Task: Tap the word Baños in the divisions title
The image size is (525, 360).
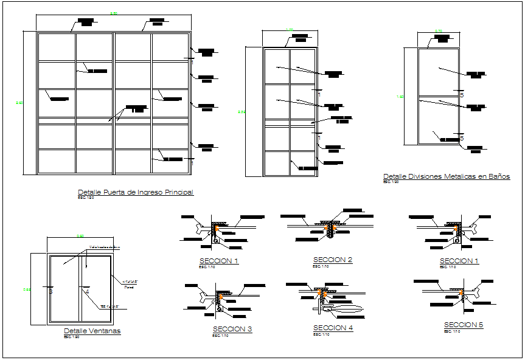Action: pos(499,176)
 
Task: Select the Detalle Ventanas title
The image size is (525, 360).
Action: pos(92,331)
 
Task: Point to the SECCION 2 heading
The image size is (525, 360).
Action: pos(333,260)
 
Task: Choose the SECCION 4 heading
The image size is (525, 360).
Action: pos(333,328)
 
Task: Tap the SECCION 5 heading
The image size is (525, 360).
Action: pos(464,325)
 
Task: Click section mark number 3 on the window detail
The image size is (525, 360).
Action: pos(50,292)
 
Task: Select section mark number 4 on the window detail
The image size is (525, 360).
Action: pos(87,292)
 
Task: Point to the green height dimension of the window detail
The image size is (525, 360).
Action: pos(27,289)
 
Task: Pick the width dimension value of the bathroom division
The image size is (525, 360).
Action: pos(438,30)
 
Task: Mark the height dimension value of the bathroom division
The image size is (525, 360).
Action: pos(400,97)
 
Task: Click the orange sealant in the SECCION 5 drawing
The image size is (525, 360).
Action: pos(465,295)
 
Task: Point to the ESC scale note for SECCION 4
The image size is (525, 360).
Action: pos(320,334)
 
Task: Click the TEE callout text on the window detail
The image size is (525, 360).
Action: pos(108,306)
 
